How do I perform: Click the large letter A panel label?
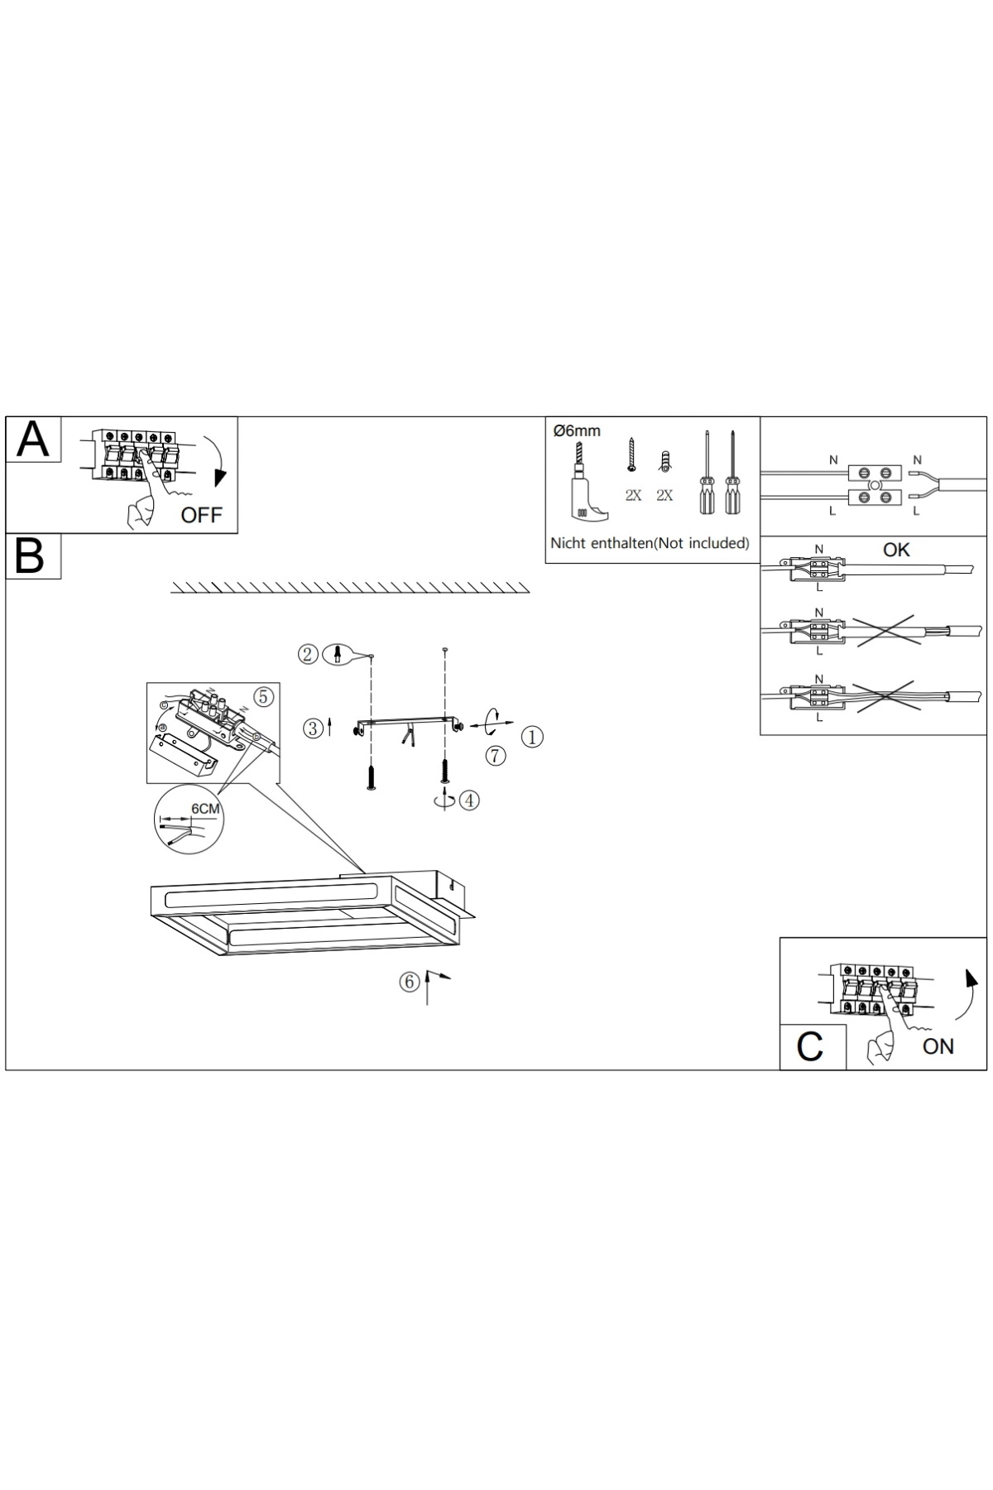[33, 439]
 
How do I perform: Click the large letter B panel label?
[30, 556]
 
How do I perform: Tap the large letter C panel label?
[809, 1046]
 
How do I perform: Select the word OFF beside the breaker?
[202, 515]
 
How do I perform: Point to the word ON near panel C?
[938, 1046]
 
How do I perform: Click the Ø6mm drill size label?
[577, 431]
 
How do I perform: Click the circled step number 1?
[532, 737]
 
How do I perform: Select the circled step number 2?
[308, 655]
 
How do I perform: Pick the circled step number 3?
[314, 728]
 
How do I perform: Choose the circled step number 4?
[469, 800]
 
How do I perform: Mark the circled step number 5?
[263, 697]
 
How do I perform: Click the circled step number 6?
[410, 982]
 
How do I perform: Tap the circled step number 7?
[496, 755]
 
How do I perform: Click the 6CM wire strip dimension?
[205, 808]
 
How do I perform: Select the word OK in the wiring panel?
[896, 550]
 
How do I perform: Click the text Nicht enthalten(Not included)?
[650, 544]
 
